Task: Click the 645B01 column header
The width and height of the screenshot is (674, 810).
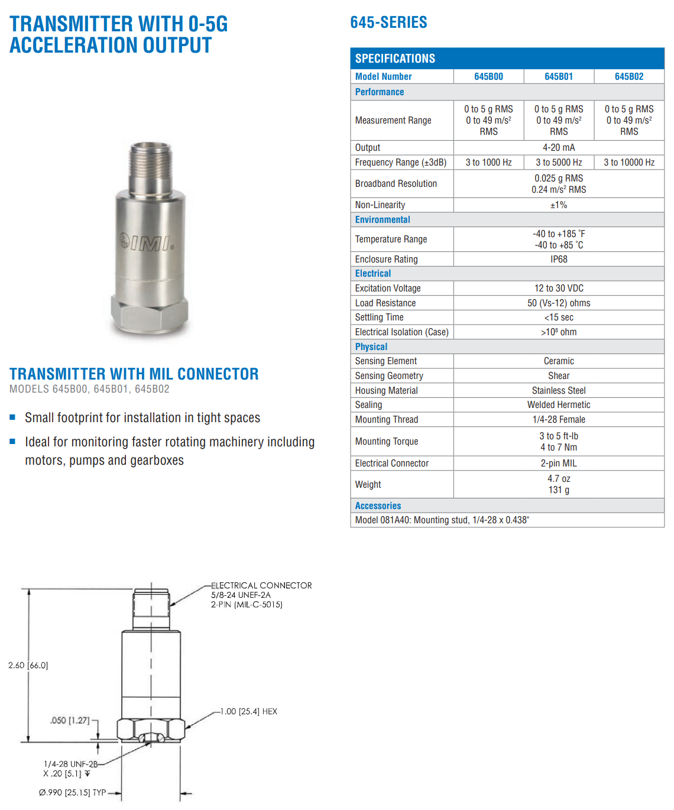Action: pos(559,76)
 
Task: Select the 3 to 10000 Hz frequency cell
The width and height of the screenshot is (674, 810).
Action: pos(629,162)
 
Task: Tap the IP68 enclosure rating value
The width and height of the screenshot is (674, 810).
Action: pos(559,259)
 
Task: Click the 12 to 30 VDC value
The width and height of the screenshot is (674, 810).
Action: pos(559,288)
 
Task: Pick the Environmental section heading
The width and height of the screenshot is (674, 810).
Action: pos(383,219)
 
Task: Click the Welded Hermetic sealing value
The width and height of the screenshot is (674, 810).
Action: pos(559,404)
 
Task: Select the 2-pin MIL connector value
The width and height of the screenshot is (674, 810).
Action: pos(559,463)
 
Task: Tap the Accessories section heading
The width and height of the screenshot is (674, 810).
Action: pos(378,506)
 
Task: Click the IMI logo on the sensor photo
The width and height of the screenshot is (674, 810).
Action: pos(146,242)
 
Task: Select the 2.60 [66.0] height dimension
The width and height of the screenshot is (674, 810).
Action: pos(28,665)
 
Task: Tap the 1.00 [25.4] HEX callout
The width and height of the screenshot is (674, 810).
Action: pos(248,711)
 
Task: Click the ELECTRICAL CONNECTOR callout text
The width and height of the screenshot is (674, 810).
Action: pos(261,585)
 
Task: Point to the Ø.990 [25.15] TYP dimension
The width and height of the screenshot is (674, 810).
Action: pos(72,792)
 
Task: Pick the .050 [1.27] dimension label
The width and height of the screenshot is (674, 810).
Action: pos(70,720)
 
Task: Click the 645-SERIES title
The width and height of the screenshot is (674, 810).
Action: pos(388,22)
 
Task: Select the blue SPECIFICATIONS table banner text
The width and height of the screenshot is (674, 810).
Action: pos(395,59)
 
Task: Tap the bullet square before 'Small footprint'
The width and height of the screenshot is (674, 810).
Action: pos(12,417)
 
